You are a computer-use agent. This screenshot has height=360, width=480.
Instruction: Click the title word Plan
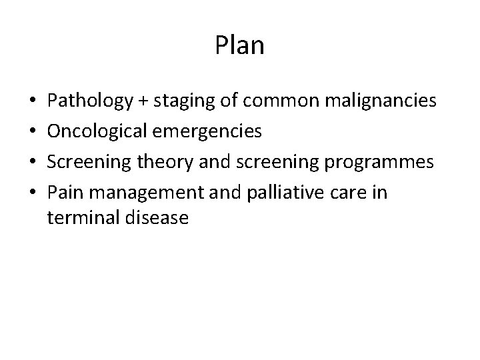pos(240,46)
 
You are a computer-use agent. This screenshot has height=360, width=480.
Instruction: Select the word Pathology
pos(90,101)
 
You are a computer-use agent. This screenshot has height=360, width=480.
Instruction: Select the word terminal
pos(80,217)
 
